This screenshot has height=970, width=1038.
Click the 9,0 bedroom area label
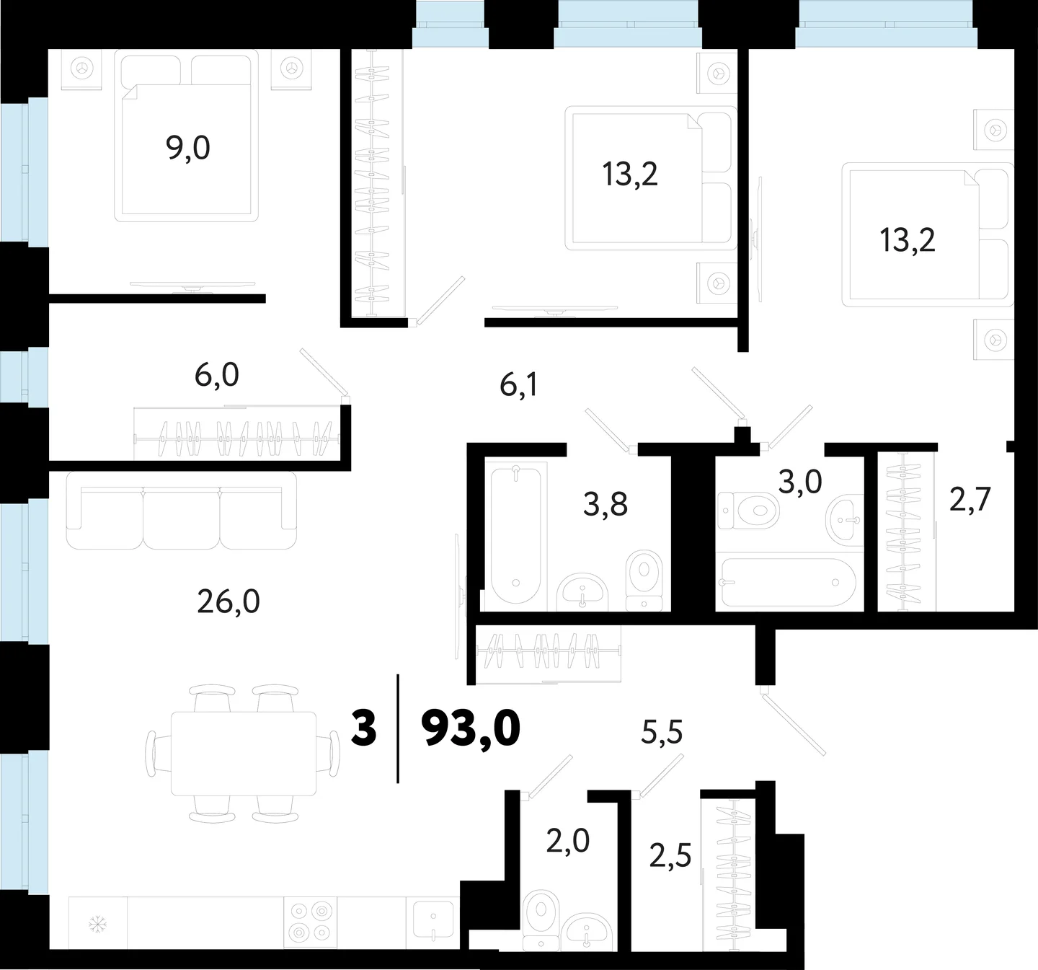(x=188, y=149)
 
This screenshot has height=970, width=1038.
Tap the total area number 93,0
(x=471, y=729)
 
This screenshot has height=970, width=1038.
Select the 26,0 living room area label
(x=229, y=602)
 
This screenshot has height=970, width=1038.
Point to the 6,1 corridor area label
(x=518, y=385)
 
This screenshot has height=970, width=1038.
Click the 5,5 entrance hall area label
(x=662, y=733)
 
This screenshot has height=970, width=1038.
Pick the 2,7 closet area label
(x=970, y=500)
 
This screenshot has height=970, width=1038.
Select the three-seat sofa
(x=182, y=511)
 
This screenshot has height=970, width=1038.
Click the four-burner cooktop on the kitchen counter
(x=311, y=923)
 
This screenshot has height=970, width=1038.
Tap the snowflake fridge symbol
(x=97, y=924)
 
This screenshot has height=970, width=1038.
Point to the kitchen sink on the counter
(x=432, y=920)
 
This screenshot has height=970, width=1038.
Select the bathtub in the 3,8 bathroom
(x=516, y=535)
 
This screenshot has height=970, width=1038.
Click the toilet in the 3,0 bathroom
(x=748, y=510)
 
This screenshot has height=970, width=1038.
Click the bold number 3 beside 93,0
(x=364, y=729)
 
